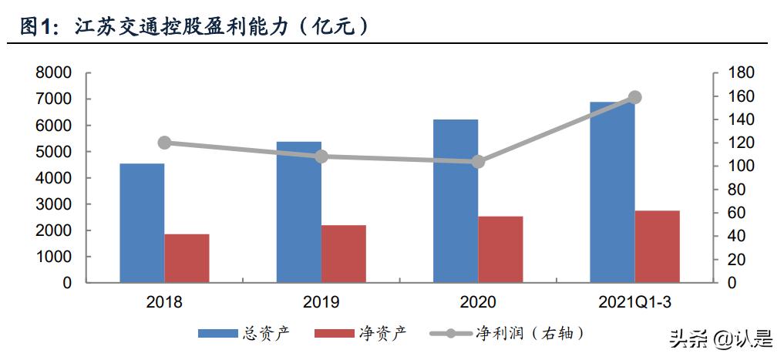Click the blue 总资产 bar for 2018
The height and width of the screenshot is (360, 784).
point(141,224)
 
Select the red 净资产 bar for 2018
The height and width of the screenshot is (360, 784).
point(187,258)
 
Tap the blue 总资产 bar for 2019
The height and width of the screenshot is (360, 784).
point(298,212)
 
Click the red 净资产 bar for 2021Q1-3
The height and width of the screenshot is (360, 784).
point(657,247)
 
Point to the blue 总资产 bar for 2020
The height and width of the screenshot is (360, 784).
point(455,201)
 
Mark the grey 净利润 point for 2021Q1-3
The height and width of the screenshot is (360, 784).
point(634,97)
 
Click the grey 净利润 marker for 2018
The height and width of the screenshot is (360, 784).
point(164,143)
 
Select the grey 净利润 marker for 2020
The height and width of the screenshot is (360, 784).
point(478,162)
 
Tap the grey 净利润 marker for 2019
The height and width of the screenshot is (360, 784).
point(321,156)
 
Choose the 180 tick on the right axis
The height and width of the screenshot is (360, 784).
point(739,73)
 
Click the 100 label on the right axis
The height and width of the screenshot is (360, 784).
point(739,167)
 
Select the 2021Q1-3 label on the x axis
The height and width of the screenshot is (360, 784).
point(634,303)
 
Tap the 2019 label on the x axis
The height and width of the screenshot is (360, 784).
point(321,303)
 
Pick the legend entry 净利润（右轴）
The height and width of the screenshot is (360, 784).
point(509,333)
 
